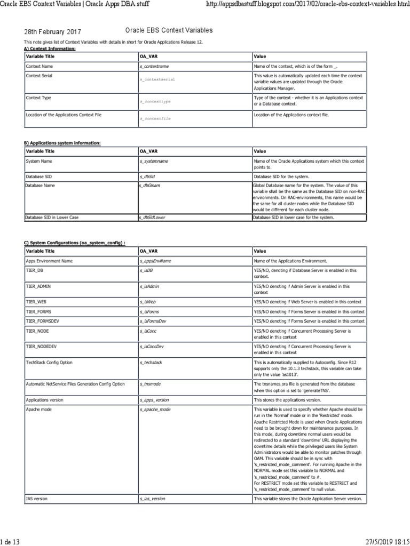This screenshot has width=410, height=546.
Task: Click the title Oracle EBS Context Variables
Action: [x=169, y=31]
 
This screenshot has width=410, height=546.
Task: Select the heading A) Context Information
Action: [x=50, y=49]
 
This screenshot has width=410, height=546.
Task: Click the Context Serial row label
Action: [x=40, y=76]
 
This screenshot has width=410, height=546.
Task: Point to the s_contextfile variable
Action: [x=155, y=118]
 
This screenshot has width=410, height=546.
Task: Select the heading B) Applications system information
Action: [x=62, y=143]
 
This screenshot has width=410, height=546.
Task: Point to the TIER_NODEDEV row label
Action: [x=41, y=346]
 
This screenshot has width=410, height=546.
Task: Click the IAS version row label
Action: [x=36, y=499]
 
